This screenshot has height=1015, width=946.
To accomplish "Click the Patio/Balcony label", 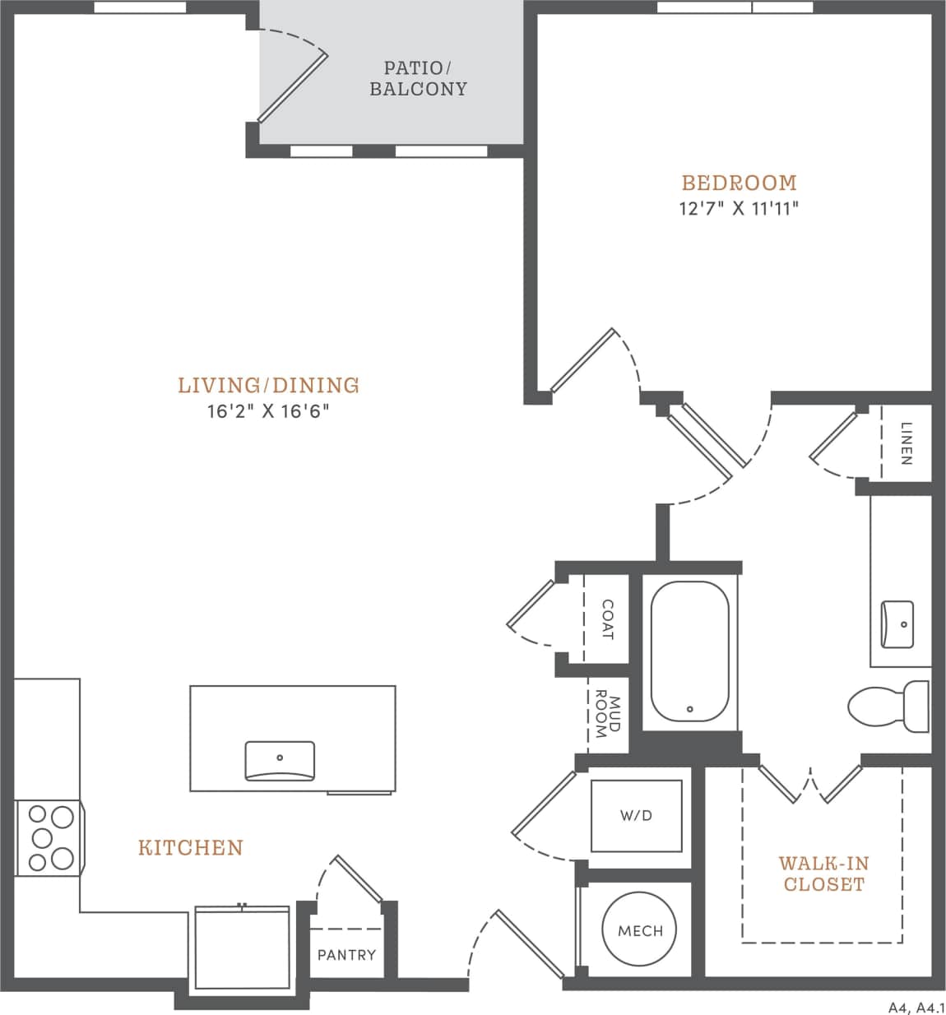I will (418, 78).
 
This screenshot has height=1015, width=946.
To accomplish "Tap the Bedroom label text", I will (739, 183).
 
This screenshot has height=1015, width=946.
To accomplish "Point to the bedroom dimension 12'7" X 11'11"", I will (739, 208).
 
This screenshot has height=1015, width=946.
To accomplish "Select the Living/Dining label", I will (269, 385).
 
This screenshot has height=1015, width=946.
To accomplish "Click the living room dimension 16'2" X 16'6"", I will (268, 411).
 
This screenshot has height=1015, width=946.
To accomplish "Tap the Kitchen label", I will (190, 847).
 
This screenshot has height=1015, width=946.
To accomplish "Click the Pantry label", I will (346, 955).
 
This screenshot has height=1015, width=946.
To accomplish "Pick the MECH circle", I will (640, 930).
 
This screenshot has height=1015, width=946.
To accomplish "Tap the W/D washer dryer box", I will (636, 816).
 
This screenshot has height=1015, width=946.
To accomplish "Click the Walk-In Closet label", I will (823, 874).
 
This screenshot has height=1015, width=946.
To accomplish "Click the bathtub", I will (689, 651).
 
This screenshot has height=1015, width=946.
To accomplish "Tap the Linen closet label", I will (906, 443).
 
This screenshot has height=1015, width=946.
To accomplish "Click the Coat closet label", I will (607, 619).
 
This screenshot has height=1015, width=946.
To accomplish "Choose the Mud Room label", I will (606, 713).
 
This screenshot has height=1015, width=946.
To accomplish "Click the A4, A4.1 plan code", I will (915, 1007).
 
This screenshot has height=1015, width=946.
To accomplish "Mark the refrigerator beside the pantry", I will (242, 950).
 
